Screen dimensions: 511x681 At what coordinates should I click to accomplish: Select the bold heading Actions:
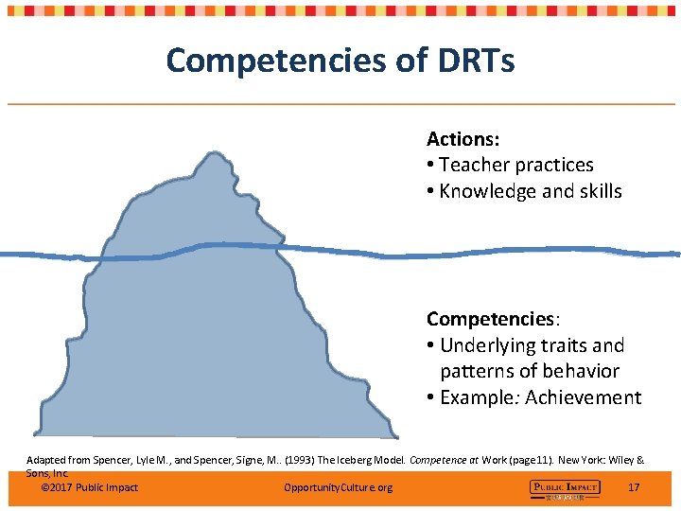coord(463,139)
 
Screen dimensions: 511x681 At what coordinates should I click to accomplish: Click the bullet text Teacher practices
coord(516,165)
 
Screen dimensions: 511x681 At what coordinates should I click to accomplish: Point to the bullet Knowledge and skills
coord(531,191)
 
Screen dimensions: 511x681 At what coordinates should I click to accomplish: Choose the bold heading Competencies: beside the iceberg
coord(489,318)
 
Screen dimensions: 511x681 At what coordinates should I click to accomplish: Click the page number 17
coord(634,487)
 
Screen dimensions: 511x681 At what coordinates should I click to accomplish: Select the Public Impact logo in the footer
coord(564,488)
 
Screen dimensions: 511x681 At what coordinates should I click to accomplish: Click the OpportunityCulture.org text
coord(338,487)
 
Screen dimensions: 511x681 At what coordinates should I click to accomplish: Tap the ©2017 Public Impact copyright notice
coord(90,487)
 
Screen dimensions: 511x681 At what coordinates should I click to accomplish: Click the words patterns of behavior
coord(530,371)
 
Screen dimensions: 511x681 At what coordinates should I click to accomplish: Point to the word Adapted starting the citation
coord(45,461)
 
